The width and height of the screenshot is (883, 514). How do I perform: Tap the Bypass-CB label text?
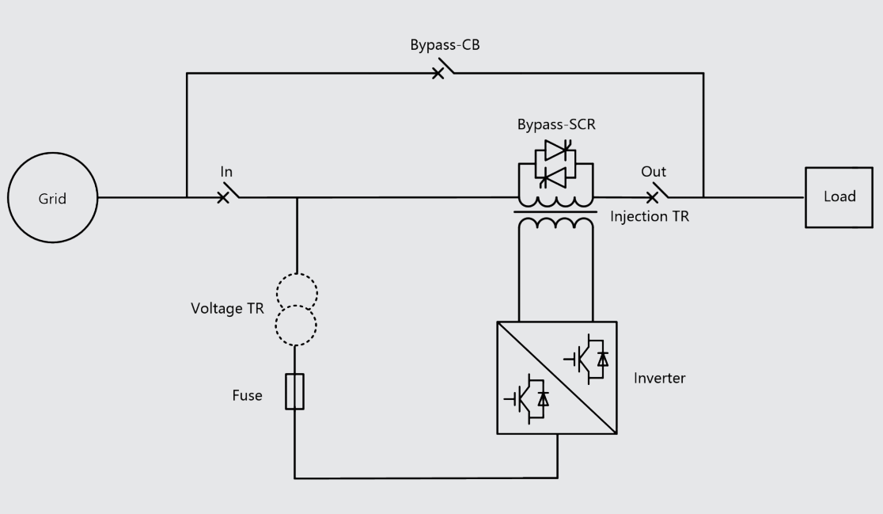445,45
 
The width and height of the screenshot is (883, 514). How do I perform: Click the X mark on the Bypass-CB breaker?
438,74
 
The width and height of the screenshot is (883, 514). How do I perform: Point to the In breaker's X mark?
223,198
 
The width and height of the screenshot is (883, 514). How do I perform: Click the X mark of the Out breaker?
651,198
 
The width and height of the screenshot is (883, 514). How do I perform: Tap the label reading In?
226,171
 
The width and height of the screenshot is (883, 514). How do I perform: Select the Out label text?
654,171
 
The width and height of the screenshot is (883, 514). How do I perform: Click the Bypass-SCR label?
556,124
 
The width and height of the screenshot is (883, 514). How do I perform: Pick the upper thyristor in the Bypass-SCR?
558,150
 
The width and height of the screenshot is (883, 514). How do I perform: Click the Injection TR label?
650,216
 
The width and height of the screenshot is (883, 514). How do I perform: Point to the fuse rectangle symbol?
294,391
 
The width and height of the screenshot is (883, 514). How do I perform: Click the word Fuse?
247,396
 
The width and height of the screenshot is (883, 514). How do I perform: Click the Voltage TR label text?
228,309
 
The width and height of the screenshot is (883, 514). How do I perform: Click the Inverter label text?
659,378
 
